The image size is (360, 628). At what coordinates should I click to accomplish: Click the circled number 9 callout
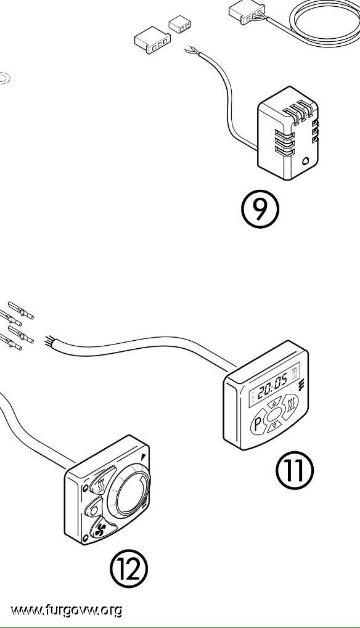pyautogui.click(x=260, y=209)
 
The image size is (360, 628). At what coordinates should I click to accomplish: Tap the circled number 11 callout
pyautogui.click(x=295, y=470)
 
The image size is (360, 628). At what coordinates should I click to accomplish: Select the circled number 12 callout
pyautogui.click(x=129, y=568)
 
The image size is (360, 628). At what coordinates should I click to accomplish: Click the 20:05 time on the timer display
pyautogui.click(x=272, y=388)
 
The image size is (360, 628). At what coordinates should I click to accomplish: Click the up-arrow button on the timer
pyautogui.click(x=274, y=402)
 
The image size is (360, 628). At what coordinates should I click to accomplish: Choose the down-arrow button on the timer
pyautogui.click(x=274, y=426)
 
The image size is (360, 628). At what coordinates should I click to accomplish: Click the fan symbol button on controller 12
pyautogui.click(x=101, y=529)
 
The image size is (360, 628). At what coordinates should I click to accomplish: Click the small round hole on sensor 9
pyautogui.click(x=306, y=161)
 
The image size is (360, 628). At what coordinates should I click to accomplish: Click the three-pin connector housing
pyautogui.click(x=153, y=39)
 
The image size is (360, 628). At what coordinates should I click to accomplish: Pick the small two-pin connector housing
pyautogui.click(x=179, y=24)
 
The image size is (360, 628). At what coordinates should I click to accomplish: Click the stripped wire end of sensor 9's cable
pyautogui.click(x=192, y=51)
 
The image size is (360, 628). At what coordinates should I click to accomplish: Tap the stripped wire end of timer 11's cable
pyautogui.click(x=49, y=341)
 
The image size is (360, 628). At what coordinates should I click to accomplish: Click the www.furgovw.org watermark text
pyautogui.click(x=66, y=610)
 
